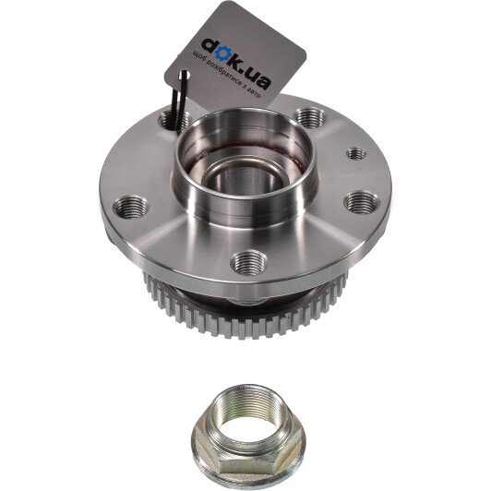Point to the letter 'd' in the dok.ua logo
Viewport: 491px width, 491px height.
click(x=210, y=47)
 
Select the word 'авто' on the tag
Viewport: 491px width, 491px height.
click(x=253, y=92)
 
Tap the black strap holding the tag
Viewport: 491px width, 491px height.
click(x=179, y=101)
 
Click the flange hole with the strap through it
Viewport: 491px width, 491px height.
click(x=174, y=121)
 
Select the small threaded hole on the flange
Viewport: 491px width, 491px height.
click(x=356, y=153)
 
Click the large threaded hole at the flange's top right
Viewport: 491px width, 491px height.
click(x=310, y=118)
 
